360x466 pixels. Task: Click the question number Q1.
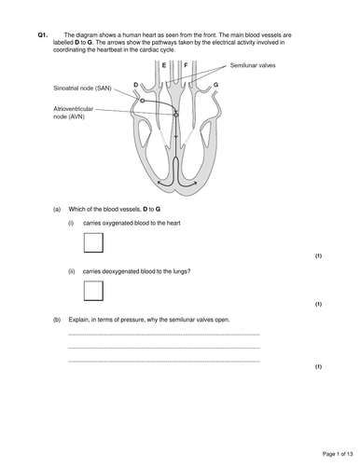[43, 34]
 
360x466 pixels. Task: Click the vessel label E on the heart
[165, 66]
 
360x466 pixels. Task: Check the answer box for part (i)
[93, 243]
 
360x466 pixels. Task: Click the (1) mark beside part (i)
[318, 256]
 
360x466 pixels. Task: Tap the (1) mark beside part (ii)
[318, 304]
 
